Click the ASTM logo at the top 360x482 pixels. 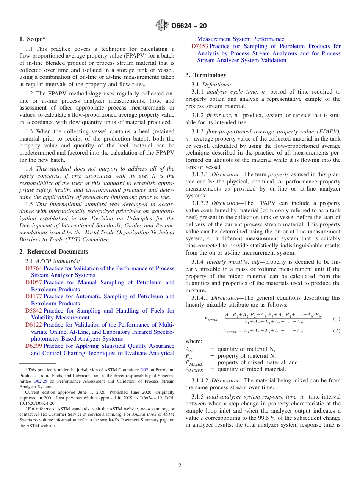[x=161, y=26]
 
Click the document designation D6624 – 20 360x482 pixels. [x=189, y=26]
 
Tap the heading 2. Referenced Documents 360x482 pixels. [x=53, y=252]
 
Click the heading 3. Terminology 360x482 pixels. [x=206, y=75]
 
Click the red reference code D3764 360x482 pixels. [x=33, y=268]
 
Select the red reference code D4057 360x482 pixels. [x=33, y=282]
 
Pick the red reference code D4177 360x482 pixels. [x=33, y=296]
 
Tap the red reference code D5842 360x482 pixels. [x=33, y=311]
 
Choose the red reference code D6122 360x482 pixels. [x=33, y=325]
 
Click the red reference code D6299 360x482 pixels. [x=33, y=346]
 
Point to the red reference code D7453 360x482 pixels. [x=199, y=46]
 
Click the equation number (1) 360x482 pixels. [x=337, y=319]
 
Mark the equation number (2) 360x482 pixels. [x=337, y=331]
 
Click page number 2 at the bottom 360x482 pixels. [x=180, y=465]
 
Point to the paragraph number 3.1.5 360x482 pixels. [x=197, y=397]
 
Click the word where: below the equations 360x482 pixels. [x=194, y=341]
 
